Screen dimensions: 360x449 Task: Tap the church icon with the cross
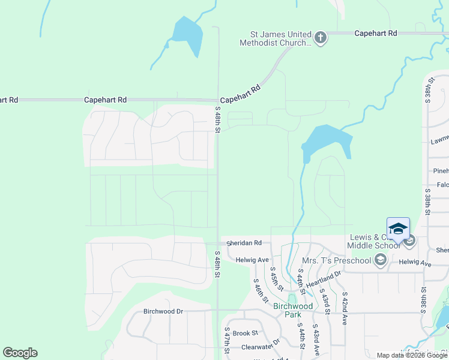321,38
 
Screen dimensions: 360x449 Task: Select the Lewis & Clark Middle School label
372,241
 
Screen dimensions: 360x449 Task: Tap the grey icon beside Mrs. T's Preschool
379,260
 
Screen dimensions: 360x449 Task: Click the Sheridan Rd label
244,243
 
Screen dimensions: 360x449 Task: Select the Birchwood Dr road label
163,311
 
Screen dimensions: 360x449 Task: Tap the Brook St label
245,333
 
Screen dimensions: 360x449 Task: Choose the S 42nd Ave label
345,308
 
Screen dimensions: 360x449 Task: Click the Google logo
20,353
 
